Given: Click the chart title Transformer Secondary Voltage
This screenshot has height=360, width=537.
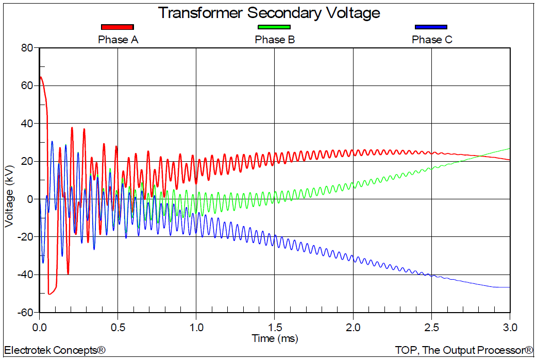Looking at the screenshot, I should point(268,12).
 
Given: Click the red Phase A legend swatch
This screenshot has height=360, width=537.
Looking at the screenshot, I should point(118,27).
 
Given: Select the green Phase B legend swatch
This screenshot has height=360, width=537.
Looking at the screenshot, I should point(274,27).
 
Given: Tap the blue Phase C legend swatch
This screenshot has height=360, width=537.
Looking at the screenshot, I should point(431,27).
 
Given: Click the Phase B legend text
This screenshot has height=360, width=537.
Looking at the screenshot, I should point(275,40).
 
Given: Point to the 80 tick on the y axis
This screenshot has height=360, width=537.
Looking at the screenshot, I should point(26,48).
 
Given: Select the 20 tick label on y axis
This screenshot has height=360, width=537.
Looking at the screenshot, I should point(27,161).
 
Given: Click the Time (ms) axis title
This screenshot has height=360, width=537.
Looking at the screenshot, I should point(275,338).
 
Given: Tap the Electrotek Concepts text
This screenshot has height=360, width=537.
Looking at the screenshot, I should point(55,350).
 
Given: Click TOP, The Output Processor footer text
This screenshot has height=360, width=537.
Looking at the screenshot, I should point(464,350).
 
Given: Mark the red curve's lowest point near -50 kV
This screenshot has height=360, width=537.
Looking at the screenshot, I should point(49,294).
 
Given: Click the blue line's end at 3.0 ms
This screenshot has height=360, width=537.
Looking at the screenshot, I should point(509,287).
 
